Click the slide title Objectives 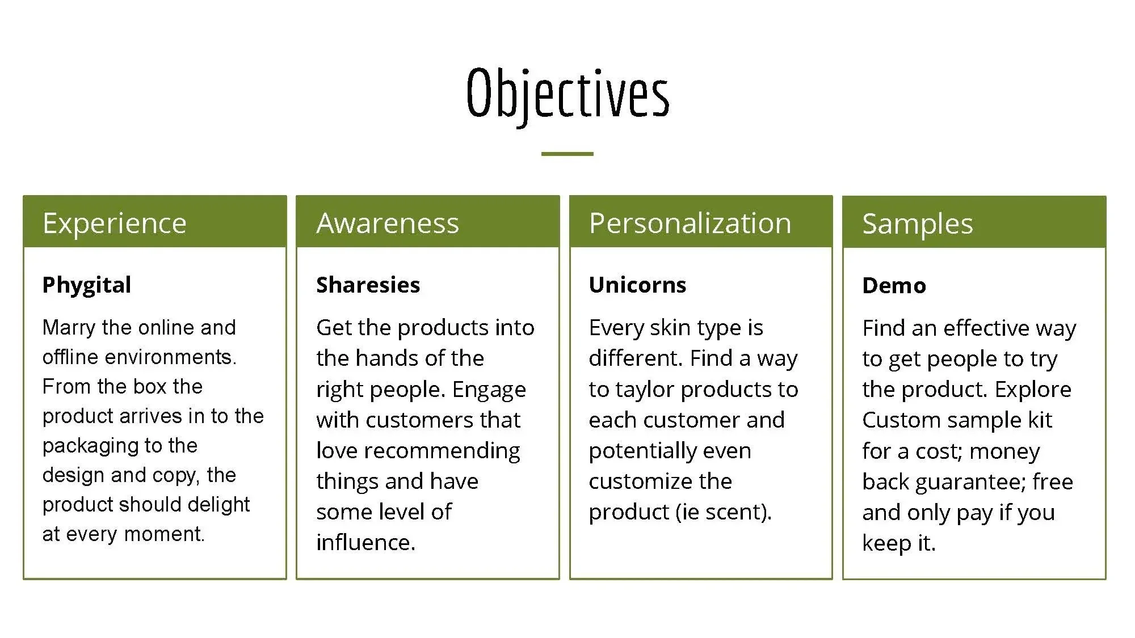(567, 94)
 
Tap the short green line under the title (567, 154)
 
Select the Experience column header (115, 223)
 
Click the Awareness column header (388, 223)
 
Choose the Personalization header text (690, 223)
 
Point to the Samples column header (918, 223)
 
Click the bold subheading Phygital (87, 285)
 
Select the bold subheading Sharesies (368, 285)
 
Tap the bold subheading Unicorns (637, 285)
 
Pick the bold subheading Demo (894, 285)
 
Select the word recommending (442, 451)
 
